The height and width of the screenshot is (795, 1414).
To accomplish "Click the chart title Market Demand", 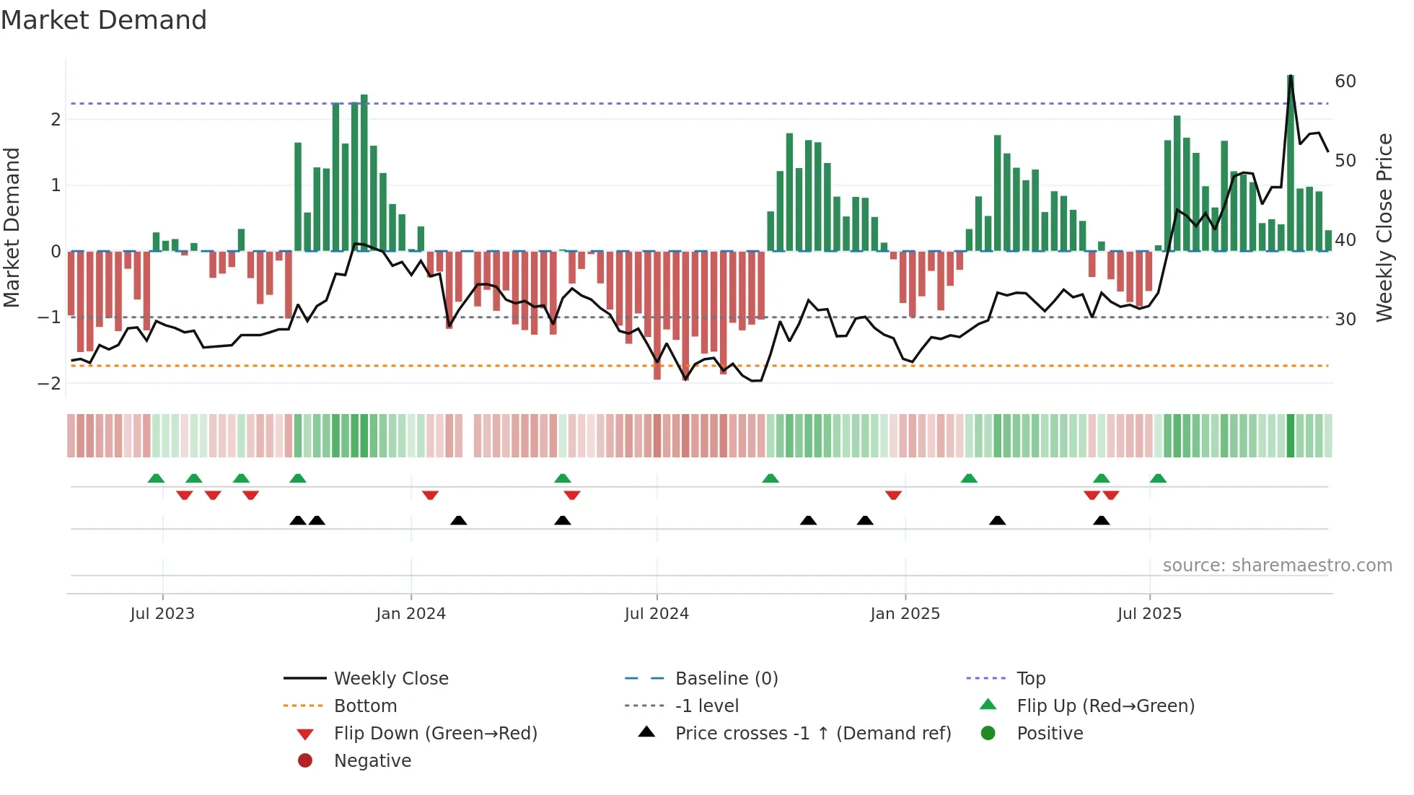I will [x=104, y=20].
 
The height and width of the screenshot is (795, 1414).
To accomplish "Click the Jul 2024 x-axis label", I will [x=656, y=614].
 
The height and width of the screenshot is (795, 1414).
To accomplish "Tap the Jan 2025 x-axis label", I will [x=905, y=614].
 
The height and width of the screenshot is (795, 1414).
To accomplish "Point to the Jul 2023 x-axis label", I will [x=162, y=614].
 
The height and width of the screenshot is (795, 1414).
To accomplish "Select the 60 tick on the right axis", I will [x=1345, y=82].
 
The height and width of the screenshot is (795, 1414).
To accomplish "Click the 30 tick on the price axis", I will [x=1345, y=319].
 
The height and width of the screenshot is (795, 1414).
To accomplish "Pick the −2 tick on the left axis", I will [x=50, y=383].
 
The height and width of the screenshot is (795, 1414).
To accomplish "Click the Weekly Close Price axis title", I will [x=1384, y=227].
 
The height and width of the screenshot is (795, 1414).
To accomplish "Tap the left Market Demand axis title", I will [x=12, y=227].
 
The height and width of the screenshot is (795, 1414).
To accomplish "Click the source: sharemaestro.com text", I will [x=1277, y=566].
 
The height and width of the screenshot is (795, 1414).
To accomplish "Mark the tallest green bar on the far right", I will [x=1291, y=162].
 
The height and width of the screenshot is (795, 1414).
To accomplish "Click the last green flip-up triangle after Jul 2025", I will [x=1158, y=478].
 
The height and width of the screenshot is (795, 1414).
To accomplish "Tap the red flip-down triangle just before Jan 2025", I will [x=893, y=495].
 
